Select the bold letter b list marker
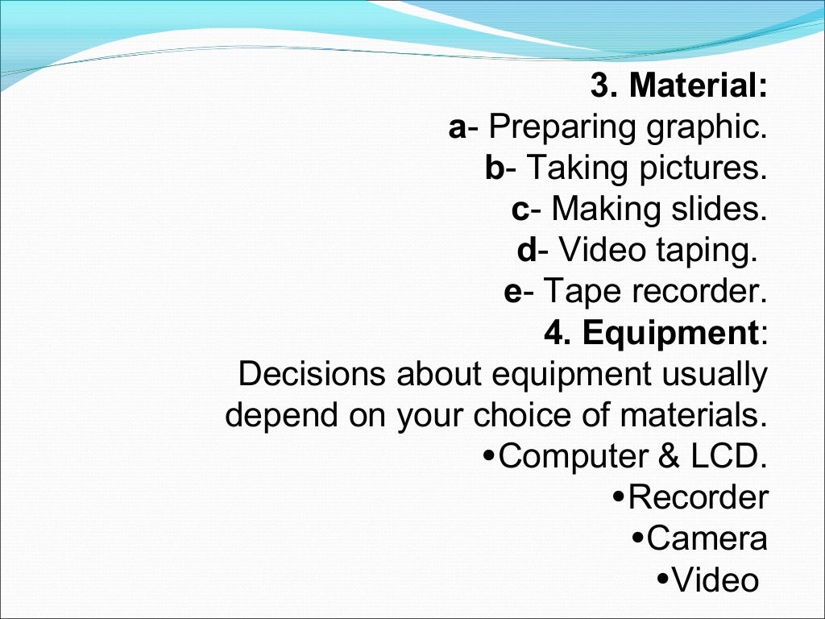pos(494,168)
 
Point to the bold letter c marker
pos(520,210)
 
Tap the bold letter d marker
pos(527,251)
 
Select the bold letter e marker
pos(513,293)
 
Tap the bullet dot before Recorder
pos(617,497)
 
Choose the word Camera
pos(707,539)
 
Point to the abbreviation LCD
pos(728,457)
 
